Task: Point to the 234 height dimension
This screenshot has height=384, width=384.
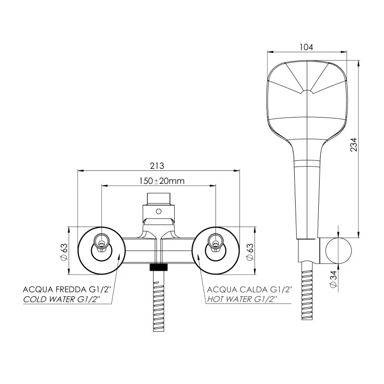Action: pos(354,144)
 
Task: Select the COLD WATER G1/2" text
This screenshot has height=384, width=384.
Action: pos(62,299)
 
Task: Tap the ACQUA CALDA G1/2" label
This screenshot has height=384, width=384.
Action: pos(249,289)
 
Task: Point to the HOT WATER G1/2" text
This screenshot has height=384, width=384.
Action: pos(242,299)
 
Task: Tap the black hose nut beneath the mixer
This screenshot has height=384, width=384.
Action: pos(159,267)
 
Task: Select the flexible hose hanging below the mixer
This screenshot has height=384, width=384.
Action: pos(159,302)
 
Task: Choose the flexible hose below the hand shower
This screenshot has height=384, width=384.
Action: pos(306,293)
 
